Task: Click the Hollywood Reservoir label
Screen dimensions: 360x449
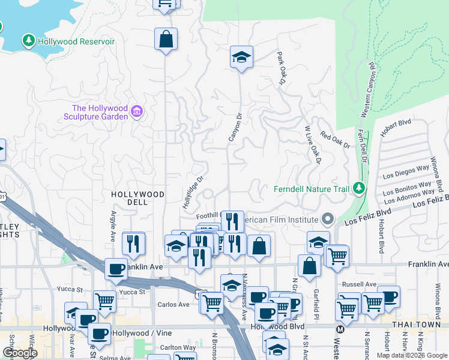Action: click(x=76, y=41)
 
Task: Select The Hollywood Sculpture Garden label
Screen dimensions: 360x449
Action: click(x=96, y=112)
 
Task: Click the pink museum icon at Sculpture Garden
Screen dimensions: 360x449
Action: click(x=137, y=112)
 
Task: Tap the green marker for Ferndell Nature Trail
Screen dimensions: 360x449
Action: click(x=358, y=188)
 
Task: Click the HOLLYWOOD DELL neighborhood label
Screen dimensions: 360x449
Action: click(x=137, y=198)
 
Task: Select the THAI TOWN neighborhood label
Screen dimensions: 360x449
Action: click(x=414, y=325)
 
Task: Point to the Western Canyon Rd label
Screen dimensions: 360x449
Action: click(x=367, y=89)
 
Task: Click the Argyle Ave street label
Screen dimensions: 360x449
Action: click(x=112, y=226)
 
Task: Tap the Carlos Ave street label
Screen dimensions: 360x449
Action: click(x=174, y=304)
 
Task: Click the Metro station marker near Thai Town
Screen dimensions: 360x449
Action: click(x=340, y=329)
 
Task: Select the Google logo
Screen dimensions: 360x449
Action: click(x=20, y=353)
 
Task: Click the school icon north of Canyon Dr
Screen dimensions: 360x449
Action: click(x=241, y=58)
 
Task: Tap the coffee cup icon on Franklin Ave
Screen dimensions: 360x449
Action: click(x=116, y=269)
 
